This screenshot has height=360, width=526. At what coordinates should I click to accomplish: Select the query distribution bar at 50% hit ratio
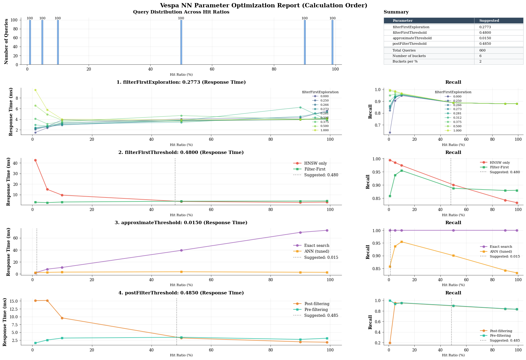[x=181, y=42]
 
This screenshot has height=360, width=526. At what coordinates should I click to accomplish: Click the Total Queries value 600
[x=482, y=50]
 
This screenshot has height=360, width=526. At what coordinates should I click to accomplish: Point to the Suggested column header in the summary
[x=489, y=21]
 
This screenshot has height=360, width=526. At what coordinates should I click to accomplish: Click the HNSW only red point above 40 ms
[x=35, y=160]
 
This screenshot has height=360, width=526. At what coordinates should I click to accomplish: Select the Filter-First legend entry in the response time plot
[x=315, y=169]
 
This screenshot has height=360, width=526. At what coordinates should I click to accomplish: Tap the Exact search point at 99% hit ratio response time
[x=327, y=230]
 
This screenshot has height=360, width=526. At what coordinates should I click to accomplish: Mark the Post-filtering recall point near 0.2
[x=390, y=343]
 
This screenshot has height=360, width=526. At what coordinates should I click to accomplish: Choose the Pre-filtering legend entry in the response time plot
[x=316, y=310]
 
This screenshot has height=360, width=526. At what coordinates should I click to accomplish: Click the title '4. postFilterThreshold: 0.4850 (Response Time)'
[x=181, y=293]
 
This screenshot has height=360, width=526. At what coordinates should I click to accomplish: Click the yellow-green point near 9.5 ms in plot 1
[x=35, y=90]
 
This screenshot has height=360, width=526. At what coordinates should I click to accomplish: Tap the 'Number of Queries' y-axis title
[x=6, y=41]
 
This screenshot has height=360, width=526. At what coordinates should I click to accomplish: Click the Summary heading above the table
[x=396, y=12]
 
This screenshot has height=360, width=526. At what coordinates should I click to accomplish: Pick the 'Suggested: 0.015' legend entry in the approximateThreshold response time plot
[x=321, y=258]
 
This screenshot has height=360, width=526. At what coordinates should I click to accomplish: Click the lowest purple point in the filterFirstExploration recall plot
[x=390, y=132]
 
